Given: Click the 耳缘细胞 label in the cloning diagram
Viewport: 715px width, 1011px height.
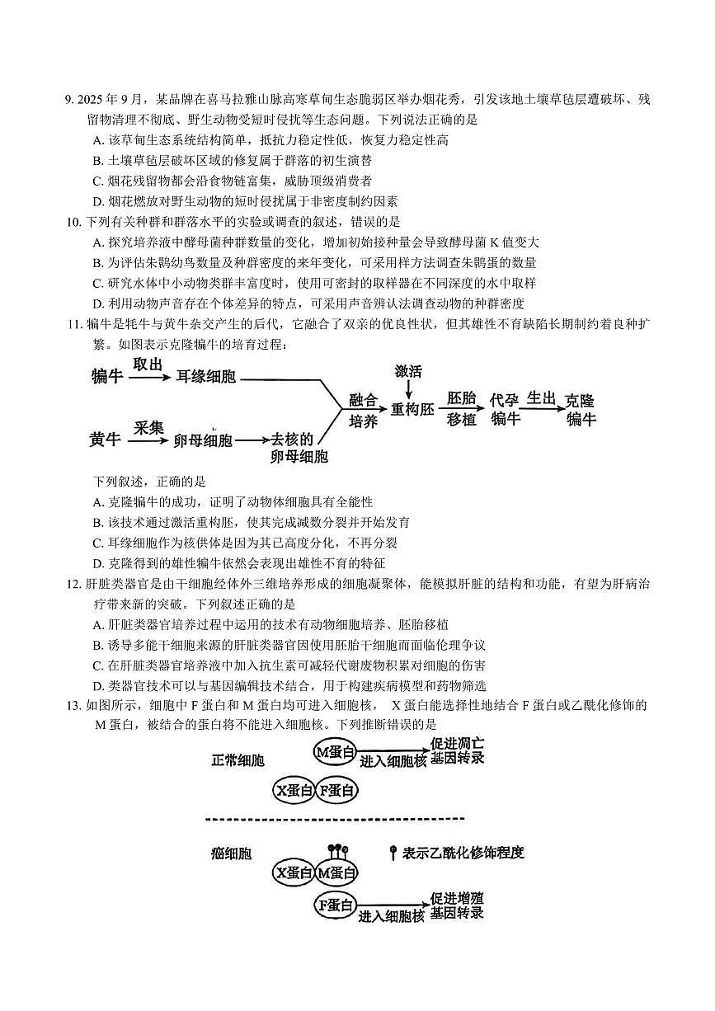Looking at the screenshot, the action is (205, 377).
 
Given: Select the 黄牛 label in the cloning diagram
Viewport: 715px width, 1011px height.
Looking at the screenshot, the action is (106, 440).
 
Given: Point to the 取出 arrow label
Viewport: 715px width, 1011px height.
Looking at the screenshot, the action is (148, 364).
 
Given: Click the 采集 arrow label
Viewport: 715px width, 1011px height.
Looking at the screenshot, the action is (148, 427).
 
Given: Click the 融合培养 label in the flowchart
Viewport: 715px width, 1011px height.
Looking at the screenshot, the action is (363, 411).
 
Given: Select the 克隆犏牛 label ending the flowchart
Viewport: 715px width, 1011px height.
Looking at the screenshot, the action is (580, 410).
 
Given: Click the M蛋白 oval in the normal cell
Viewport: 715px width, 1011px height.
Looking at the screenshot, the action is (336, 751).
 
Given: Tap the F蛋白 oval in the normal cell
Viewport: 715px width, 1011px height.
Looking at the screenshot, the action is (336, 790).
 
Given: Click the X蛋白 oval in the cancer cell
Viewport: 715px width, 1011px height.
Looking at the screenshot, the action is (293, 872).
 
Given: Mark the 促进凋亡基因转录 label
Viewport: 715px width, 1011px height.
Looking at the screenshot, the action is (457, 750).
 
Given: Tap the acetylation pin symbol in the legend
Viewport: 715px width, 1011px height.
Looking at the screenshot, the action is (393, 853).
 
